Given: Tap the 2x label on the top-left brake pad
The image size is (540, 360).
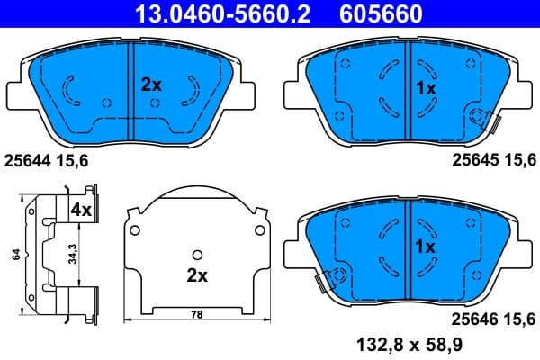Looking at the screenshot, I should tap(150, 85).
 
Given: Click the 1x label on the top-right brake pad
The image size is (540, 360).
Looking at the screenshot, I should tap(425, 89).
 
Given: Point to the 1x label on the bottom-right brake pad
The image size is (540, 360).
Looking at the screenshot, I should tap(425, 246).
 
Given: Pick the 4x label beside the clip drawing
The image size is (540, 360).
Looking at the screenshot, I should tap(81, 210).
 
